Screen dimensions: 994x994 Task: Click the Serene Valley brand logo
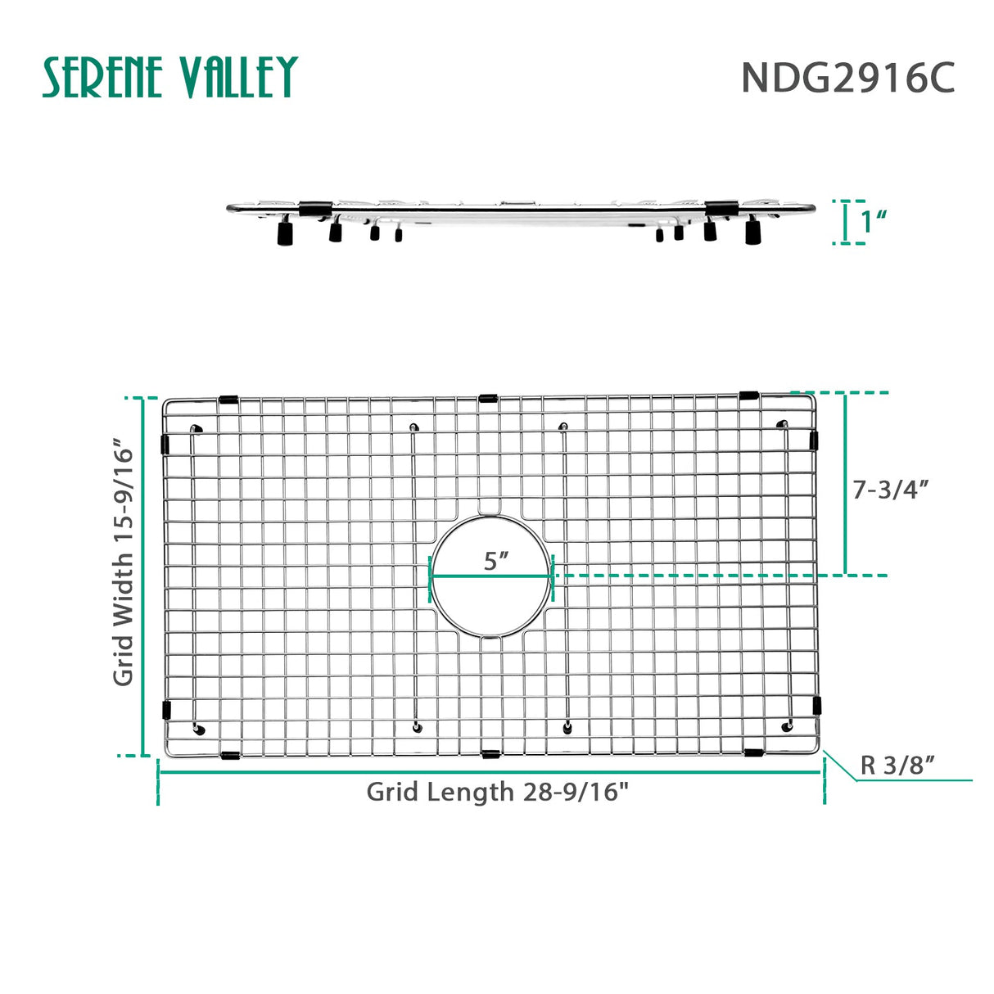pos(169,78)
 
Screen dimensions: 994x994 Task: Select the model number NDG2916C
pos(847,79)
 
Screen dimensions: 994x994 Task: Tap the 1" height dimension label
pos(874,221)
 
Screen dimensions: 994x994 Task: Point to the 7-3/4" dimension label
pos(890,490)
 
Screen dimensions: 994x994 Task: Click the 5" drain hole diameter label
pos(495,562)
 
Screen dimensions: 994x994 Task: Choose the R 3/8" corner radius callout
pos(897,766)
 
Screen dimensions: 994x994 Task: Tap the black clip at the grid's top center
pos(488,400)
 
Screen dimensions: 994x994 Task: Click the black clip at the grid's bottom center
pos(490,753)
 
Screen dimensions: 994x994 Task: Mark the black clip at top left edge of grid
pos(228,400)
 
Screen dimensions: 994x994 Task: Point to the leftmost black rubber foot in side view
pos(285,234)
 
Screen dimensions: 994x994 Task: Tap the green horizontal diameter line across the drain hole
pos(491,576)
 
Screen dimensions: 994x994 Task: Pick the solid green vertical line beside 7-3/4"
pos(845,483)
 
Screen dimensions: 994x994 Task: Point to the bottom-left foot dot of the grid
pos(199,730)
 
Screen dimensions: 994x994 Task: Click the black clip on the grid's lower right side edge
pos(816,703)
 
